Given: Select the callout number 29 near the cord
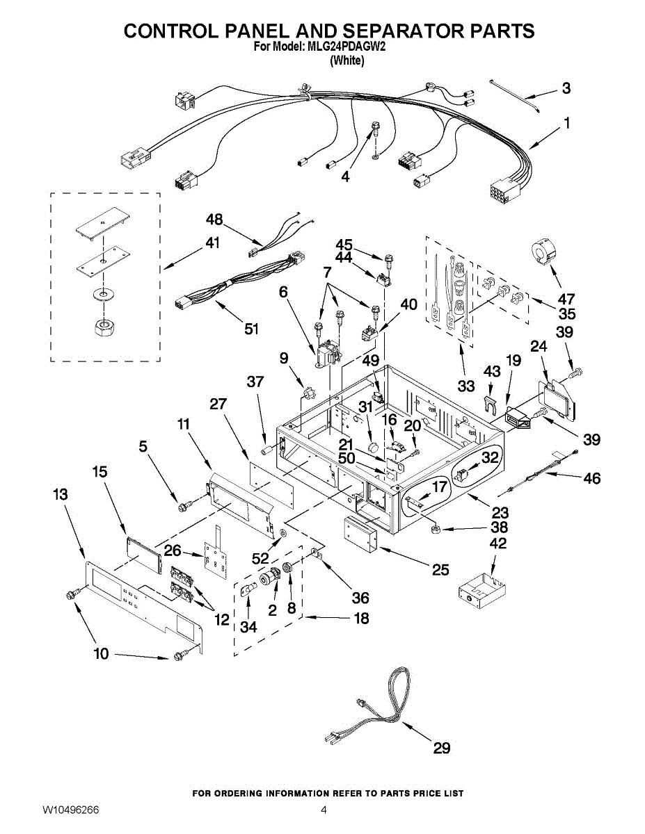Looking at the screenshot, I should click(441, 748).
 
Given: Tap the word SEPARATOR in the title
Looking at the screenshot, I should click(411, 31).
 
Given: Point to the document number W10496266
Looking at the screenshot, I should click(70, 810).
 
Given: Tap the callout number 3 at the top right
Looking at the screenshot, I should click(566, 88).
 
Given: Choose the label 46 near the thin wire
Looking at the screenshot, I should click(591, 478).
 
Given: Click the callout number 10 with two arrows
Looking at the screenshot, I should click(102, 653).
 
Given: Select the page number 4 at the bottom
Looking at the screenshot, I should click(324, 810).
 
